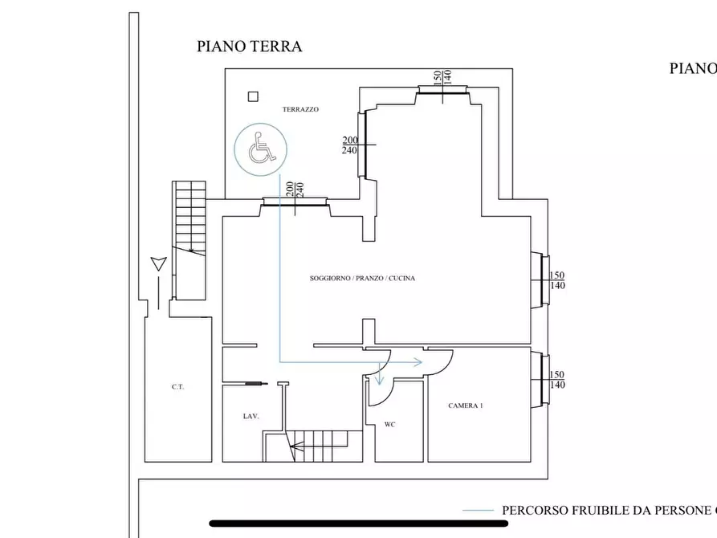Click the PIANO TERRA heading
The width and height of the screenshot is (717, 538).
[249, 47]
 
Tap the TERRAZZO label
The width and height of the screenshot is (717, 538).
[300, 109]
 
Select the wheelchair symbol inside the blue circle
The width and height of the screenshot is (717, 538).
[259, 149]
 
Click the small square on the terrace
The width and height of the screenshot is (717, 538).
[253, 96]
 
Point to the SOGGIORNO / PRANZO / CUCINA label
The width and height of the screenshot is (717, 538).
[362, 279]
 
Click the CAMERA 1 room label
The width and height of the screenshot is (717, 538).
[465, 406]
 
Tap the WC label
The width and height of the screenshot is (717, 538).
[390, 424]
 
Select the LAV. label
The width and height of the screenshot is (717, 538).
[251, 417]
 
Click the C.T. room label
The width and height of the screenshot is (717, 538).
[177, 387]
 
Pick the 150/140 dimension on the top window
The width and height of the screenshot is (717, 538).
[442, 77]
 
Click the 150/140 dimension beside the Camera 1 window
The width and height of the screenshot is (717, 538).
[556, 380]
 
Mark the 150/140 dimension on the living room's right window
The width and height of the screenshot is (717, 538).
[556, 280]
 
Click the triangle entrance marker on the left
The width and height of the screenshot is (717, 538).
[158, 263]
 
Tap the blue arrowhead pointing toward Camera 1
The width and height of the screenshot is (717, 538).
[418, 362]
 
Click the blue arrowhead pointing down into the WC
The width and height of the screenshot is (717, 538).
[379, 380]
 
